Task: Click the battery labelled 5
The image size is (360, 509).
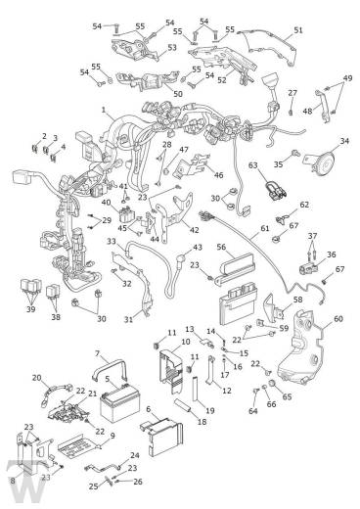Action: pyautogui.click(x=119, y=404)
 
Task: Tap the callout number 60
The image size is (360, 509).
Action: pyautogui.click(x=338, y=318)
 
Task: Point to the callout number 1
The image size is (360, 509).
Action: pyautogui.click(x=104, y=110)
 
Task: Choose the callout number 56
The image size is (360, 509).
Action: pyautogui.click(x=221, y=247)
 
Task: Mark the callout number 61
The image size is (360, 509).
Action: pyautogui.click(x=265, y=228)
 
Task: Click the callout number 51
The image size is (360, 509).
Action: pyautogui.click(x=298, y=30)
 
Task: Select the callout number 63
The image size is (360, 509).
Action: pyautogui.click(x=253, y=165)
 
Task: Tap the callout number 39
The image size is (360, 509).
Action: pyautogui.click(x=30, y=308)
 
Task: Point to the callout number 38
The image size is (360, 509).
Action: pyautogui.click(x=56, y=316)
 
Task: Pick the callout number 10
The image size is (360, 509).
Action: pyautogui.click(x=185, y=342)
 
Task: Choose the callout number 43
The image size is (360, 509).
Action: pyautogui.click(x=198, y=248)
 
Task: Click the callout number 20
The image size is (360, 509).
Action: pyautogui.click(x=37, y=378)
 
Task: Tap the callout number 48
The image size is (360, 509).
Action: pyautogui.click(x=307, y=111)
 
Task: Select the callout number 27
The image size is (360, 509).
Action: pyautogui.click(x=292, y=93)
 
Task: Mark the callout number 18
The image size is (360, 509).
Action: pyautogui.click(x=202, y=422)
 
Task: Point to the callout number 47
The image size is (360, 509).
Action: pyautogui.click(x=184, y=150)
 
